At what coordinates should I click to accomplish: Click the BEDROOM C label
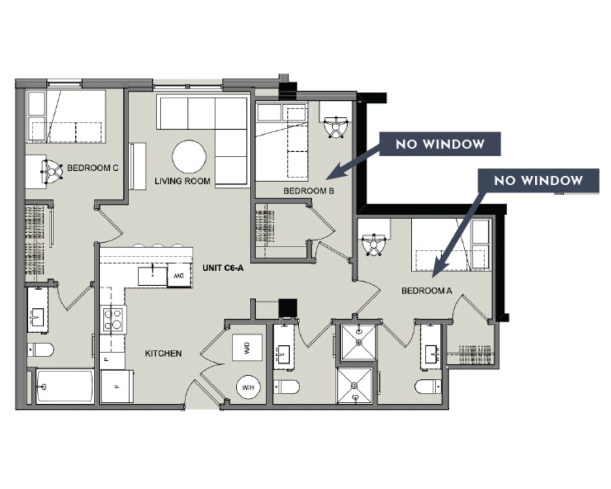coord(92,169)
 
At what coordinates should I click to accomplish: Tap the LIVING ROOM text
coord(182,181)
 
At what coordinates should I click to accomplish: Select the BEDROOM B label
coord(308,191)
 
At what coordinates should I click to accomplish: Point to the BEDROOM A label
coord(426,291)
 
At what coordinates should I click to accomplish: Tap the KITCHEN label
coord(163,354)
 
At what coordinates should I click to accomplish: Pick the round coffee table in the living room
coord(189,156)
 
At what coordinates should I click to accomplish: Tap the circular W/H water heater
coord(248,386)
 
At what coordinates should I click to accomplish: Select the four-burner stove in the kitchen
coord(111,318)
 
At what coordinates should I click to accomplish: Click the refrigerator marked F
coord(116,386)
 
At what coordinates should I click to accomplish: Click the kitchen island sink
coord(152,275)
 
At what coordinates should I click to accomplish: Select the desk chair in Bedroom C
coord(51,171)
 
